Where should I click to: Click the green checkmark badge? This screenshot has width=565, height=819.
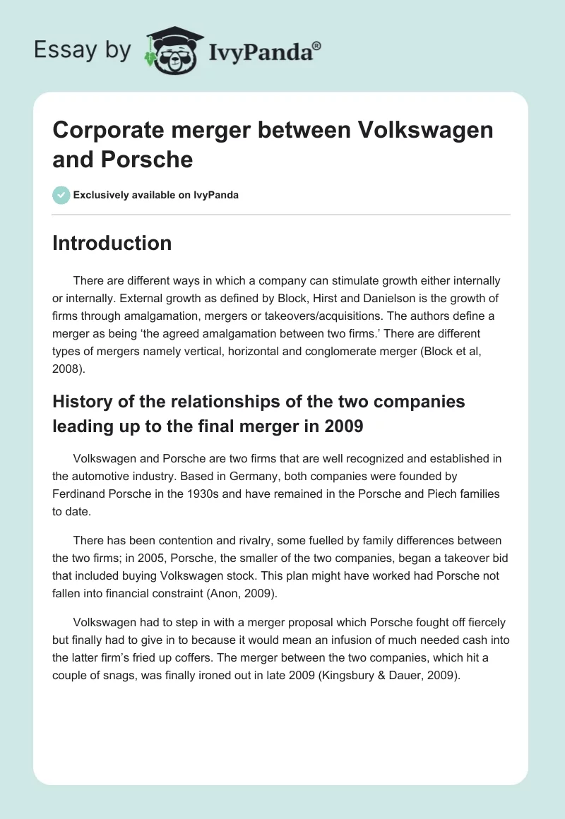[61, 195]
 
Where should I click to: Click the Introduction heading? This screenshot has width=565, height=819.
[112, 243]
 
